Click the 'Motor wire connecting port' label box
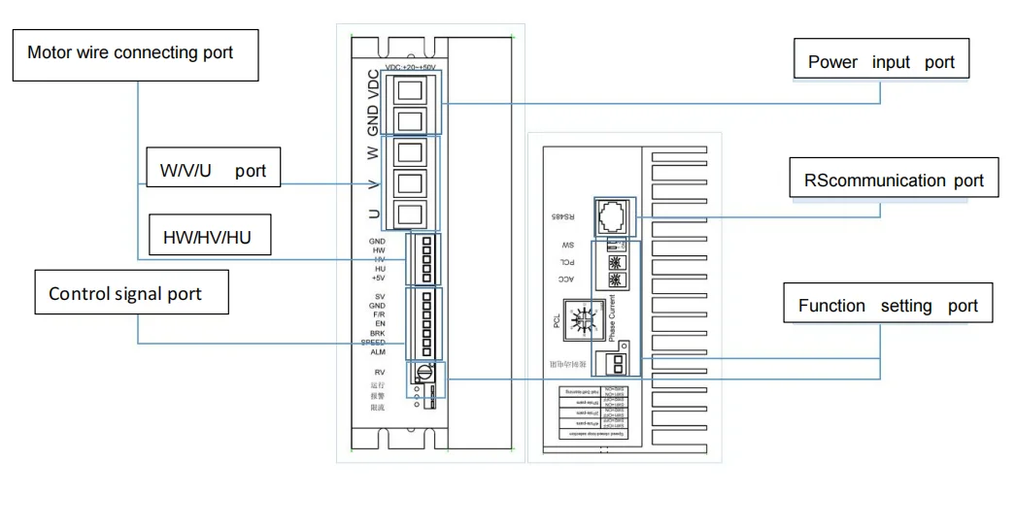(135, 53)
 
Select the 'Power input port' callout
(882, 62)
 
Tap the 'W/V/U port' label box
(213, 170)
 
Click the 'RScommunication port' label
(894, 181)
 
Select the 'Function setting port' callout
(888, 305)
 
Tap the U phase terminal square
(410, 214)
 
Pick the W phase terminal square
(410, 153)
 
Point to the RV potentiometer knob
(423, 373)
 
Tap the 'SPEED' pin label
(374, 343)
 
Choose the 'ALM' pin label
(378, 352)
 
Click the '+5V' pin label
(378, 279)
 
